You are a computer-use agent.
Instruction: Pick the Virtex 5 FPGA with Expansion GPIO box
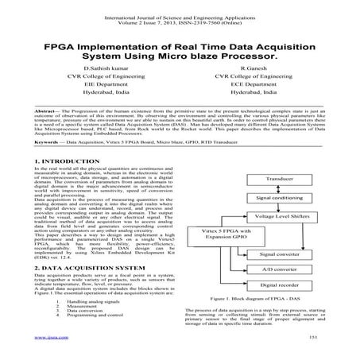215,235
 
